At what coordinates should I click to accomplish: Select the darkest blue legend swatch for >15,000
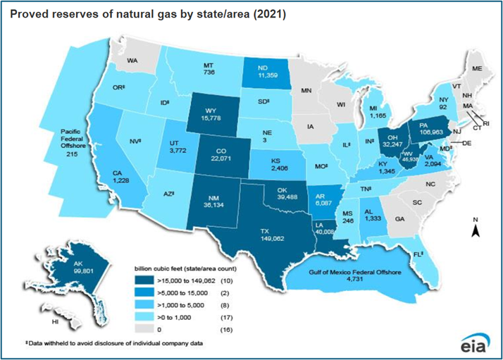click(149, 280)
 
